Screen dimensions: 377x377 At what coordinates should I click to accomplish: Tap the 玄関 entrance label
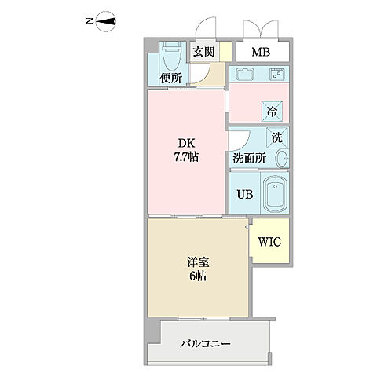[204, 53]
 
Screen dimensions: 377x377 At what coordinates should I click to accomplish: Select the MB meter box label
[261, 53]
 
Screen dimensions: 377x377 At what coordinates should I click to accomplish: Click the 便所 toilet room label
[171, 78]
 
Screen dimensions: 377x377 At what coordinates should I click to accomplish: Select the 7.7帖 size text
[185, 157]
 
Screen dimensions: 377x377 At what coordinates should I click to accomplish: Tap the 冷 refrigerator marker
[271, 111]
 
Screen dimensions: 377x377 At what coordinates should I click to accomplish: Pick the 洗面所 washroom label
[248, 158]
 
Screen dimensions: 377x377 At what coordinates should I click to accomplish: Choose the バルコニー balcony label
[206, 343]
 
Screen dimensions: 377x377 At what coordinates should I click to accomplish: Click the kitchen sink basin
[243, 76]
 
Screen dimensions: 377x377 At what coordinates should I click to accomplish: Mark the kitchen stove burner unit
[276, 75]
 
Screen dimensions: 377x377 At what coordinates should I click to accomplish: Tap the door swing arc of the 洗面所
[239, 141]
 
